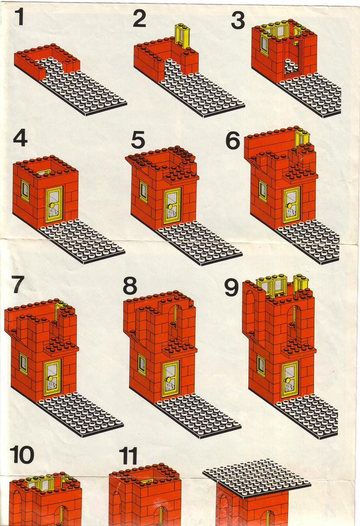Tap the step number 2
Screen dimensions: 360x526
tap(139, 18)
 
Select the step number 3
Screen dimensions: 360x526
tap(238, 20)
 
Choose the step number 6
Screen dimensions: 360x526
tap(233, 140)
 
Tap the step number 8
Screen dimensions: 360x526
tap(130, 286)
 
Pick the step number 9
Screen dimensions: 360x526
tap(231, 288)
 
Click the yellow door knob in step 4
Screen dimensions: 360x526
tap(52, 206)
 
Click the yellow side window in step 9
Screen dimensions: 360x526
tap(261, 365)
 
